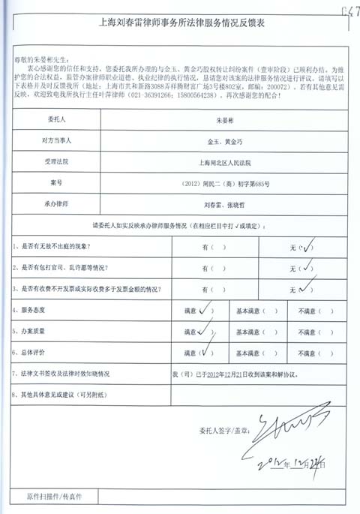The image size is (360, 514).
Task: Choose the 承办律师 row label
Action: click(67, 203)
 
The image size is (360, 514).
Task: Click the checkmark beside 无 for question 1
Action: click(307, 246)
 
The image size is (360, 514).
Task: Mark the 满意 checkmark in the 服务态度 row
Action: click(204, 308)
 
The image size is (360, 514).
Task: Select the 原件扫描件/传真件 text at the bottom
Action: click(54, 497)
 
